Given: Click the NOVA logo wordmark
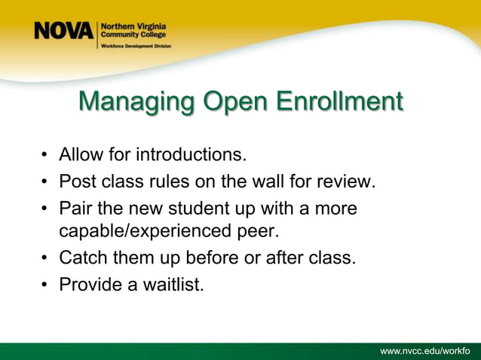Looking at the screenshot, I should pos(63,32).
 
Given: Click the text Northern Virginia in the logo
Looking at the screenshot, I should pos(134,26).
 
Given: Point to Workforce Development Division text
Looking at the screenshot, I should pos(136,46).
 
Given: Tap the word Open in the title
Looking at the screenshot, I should pos(231,102).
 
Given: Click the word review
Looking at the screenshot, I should pos(348,182).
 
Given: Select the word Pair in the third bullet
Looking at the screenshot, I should pos(75,207).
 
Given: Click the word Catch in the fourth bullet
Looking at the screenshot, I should pos(82,258).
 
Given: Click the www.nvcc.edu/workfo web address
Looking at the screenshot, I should pos(425,351).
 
